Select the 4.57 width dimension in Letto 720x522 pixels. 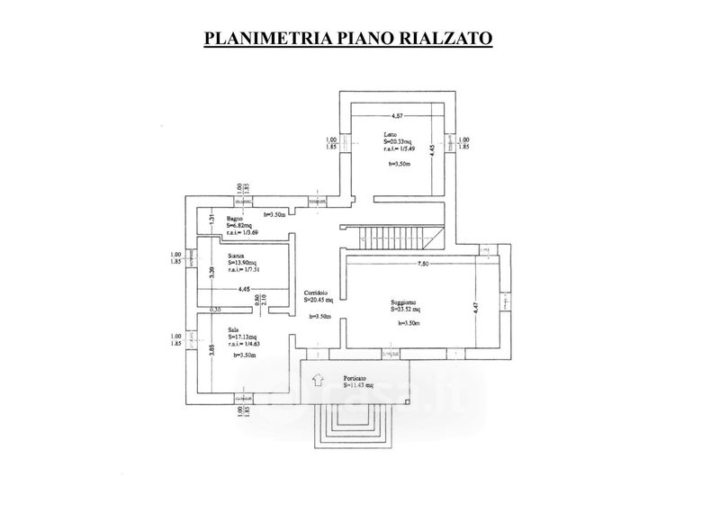pyautogui.click(x=396, y=114)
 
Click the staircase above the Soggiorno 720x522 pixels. pyautogui.click(x=395, y=238)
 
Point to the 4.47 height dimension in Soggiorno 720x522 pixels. pyautogui.click(x=477, y=309)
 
